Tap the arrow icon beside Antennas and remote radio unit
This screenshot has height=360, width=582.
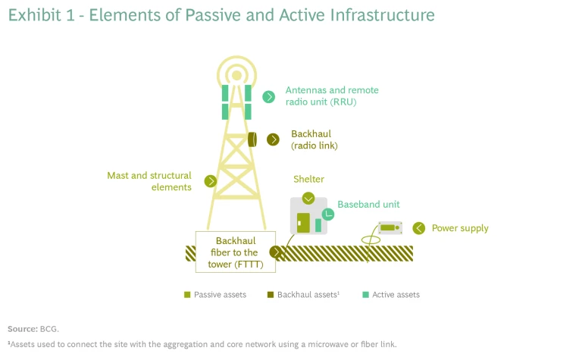pos(268,96)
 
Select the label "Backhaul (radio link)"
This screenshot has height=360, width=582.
pos(314,139)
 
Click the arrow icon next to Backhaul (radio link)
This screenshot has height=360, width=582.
pos(273,139)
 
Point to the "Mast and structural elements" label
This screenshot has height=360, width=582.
pos(149,181)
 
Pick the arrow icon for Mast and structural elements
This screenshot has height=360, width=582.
pos(211,181)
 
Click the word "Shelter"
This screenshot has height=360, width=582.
pos(308,180)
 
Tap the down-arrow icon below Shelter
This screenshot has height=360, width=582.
pos(308,199)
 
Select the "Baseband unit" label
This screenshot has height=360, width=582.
pos(368,205)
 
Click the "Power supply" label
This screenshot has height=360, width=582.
pos(460,228)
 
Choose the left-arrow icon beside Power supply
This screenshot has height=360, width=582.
pos(418,228)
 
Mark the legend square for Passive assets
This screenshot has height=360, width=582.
pos(186,295)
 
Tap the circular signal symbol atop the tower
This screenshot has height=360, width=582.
pos(236,74)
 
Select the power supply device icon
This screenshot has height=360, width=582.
pos(390,227)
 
